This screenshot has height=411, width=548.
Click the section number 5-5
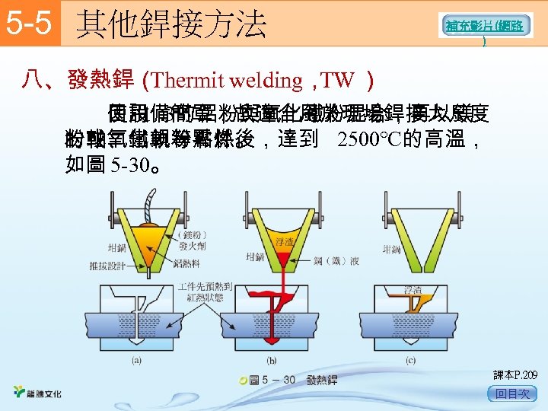point(27,24)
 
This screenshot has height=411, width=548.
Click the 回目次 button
point(511,393)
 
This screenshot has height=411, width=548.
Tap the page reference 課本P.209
point(515,374)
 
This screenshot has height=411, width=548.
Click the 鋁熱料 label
point(187,262)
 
